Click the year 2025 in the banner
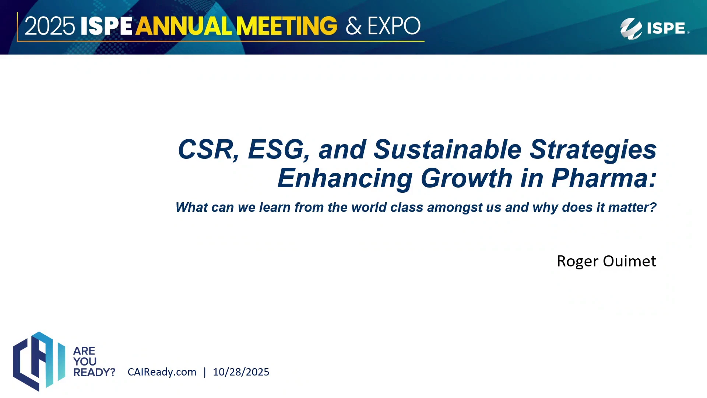[50, 26]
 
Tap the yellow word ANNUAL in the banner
[184, 26]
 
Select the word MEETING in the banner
[286, 26]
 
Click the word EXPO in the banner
[394, 26]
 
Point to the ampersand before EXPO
[353, 26]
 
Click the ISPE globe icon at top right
[631, 28]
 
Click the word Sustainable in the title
[447, 150]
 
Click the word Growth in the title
[467, 178]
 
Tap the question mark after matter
[653, 207]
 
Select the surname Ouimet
[630, 261]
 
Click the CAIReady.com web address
[162, 372]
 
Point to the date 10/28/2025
[241, 372]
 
